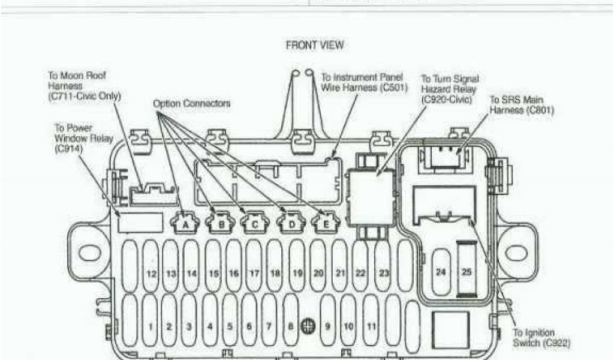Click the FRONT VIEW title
click(314, 46)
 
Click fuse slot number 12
click(151, 273)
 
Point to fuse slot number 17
click(254, 273)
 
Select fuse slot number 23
click(384, 273)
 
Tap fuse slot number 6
click(249, 326)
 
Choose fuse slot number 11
click(372, 326)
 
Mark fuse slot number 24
click(441, 272)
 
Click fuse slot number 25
click(466, 272)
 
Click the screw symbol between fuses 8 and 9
click(308, 325)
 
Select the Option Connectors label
click(191, 103)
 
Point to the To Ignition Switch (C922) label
click(541, 338)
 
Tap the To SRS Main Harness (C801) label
click(522, 104)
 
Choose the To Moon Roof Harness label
click(84, 85)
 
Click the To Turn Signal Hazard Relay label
click(450, 89)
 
